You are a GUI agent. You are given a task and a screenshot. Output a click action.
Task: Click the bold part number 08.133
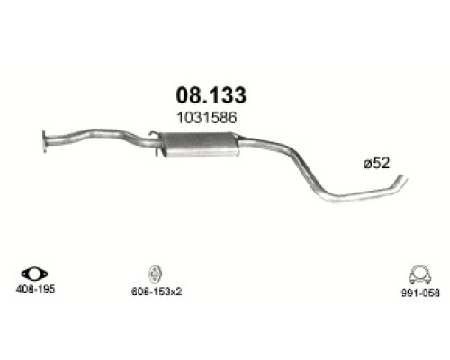point(211,95)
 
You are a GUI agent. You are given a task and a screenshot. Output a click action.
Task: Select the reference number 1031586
point(207,118)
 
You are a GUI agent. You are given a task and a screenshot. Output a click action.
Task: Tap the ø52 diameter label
point(376,164)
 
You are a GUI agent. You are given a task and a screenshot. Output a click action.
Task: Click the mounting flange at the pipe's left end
point(44,141)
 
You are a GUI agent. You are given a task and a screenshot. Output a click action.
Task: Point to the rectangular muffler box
point(200,145)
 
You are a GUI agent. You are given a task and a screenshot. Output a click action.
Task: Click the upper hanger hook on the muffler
point(153,134)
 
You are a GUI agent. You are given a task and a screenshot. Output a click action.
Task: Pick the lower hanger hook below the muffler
point(159,152)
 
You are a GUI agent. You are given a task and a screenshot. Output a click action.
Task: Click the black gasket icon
point(34,274)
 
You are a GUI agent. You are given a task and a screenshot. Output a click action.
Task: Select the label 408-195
point(35,289)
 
